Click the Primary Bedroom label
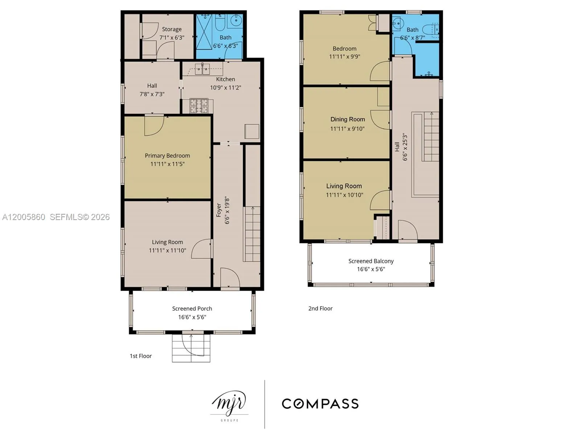167,156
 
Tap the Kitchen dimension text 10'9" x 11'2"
225,87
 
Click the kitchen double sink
202,69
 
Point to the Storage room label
172,29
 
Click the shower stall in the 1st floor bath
204,32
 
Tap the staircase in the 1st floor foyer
251,234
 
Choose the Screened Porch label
192,308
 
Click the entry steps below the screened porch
191,348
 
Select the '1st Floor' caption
141,356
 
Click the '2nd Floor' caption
320,308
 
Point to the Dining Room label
348,119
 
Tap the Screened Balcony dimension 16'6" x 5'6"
371,269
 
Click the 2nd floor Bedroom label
344,49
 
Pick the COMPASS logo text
320,403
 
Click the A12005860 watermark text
24,217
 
